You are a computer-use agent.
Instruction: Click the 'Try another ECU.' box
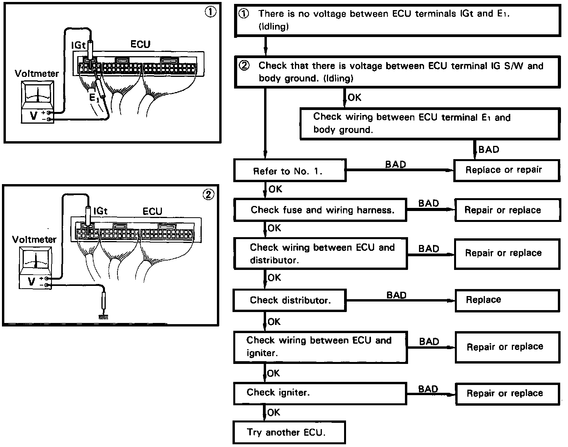click(x=289, y=432)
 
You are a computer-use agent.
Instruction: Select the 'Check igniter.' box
click(x=320, y=393)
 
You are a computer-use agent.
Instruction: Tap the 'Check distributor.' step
click(x=289, y=300)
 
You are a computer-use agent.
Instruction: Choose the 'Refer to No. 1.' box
click(x=289, y=171)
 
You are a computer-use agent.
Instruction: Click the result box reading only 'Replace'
click(x=507, y=300)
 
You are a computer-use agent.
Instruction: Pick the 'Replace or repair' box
click(x=506, y=170)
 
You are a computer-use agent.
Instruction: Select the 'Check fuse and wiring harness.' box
click(x=320, y=210)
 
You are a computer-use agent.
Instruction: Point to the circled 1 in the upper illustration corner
click(x=210, y=12)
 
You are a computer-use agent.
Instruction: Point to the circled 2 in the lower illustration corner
click(x=208, y=194)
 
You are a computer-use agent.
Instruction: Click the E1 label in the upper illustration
click(x=94, y=98)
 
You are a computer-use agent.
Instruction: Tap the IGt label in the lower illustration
click(x=100, y=211)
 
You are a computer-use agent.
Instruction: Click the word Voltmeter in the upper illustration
click(x=37, y=73)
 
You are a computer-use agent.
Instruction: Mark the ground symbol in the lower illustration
click(x=103, y=317)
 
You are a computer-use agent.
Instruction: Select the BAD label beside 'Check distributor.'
click(x=396, y=295)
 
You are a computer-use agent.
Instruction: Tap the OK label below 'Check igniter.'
click(x=274, y=412)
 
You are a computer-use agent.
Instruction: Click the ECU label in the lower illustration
click(x=152, y=211)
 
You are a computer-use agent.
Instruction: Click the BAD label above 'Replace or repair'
click(x=488, y=149)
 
